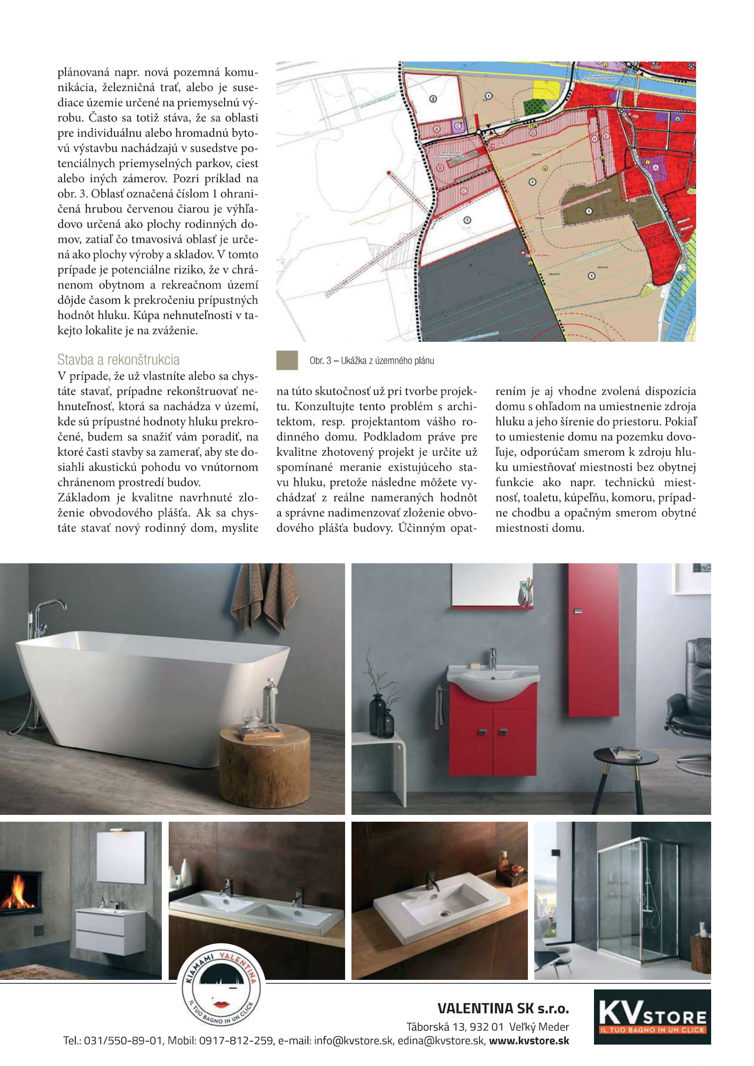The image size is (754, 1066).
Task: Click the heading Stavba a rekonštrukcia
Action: (x=119, y=360)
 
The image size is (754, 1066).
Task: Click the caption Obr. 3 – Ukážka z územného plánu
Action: (x=372, y=361)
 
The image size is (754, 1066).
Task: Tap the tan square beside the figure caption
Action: (x=287, y=360)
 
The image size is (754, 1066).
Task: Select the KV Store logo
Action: (x=652, y=1017)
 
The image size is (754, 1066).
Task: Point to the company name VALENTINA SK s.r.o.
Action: (x=503, y=1009)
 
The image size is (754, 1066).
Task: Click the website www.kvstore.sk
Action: (x=529, y=1040)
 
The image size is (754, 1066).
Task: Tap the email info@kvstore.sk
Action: (x=353, y=1040)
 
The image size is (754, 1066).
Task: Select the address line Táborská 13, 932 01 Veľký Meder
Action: (x=487, y=1026)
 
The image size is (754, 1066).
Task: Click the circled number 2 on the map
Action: (x=433, y=99)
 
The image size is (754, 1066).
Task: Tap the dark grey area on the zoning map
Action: (x=483, y=288)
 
